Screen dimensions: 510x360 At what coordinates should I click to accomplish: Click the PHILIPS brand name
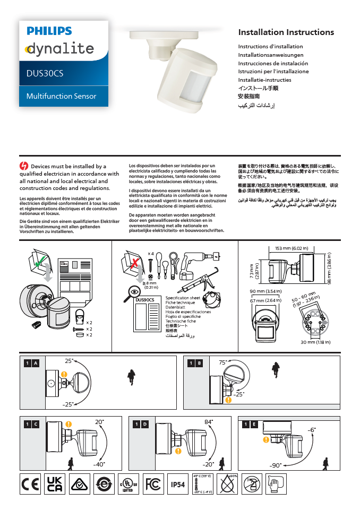click(x=49, y=31)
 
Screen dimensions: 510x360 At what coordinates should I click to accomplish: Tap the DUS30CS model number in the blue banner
click(x=45, y=73)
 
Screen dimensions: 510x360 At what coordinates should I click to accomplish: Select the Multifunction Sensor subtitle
click(x=62, y=96)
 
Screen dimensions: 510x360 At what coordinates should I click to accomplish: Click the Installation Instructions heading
click(x=286, y=32)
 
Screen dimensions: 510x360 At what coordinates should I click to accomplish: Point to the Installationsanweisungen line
click(x=271, y=55)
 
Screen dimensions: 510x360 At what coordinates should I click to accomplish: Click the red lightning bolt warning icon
click(x=23, y=166)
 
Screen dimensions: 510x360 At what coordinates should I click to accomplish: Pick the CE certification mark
click(x=30, y=484)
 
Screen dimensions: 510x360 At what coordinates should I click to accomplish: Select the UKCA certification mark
click(x=55, y=484)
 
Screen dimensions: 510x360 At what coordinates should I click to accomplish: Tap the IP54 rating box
click(x=177, y=485)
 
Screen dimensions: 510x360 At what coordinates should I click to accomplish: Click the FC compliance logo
click(x=153, y=485)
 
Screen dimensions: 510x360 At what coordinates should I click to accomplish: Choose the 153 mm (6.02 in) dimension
click(x=292, y=248)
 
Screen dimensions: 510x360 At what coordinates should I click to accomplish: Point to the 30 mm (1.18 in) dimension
click(x=315, y=342)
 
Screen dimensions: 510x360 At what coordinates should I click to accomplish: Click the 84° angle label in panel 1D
click(x=209, y=422)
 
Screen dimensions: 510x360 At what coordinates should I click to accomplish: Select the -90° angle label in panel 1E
click(x=275, y=465)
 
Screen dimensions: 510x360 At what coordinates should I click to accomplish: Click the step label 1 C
click(x=31, y=424)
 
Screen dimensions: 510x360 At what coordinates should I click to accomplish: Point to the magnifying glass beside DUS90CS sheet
click(x=133, y=290)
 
